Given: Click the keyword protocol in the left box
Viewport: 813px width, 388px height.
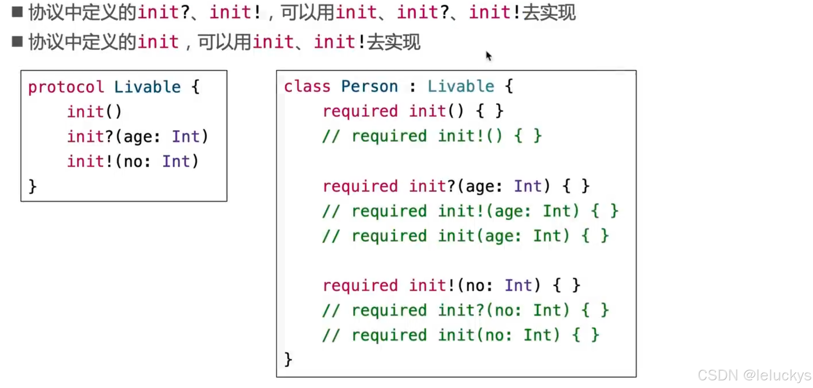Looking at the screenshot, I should tap(66, 88).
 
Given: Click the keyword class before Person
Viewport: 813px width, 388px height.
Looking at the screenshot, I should tap(307, 87).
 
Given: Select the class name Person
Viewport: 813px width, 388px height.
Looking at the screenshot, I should tap(369, 87).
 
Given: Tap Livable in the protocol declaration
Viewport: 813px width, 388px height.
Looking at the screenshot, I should tap(147, 88).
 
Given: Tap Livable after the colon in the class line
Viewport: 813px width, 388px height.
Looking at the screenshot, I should tap(461, 87).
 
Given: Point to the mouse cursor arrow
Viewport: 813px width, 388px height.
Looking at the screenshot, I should tap(489, 56).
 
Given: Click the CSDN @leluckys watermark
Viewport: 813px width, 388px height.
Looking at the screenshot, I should tap(754, 375).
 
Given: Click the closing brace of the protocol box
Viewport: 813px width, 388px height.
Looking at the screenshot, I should tap(32, 186).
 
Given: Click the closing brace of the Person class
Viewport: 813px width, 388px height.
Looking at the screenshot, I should tap(288, 360).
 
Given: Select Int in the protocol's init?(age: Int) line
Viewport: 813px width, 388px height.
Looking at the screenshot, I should tap(186, 137).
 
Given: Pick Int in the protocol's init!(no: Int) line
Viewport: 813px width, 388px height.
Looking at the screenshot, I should tap(176, 162).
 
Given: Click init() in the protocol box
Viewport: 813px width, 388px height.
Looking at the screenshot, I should tap(94, 112).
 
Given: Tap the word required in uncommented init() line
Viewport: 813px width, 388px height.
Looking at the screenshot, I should tap(360, 111).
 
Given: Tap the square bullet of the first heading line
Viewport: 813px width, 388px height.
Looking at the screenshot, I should tap(17, 12).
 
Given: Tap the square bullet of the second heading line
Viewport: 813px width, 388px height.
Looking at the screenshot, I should tap(17, 41).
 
